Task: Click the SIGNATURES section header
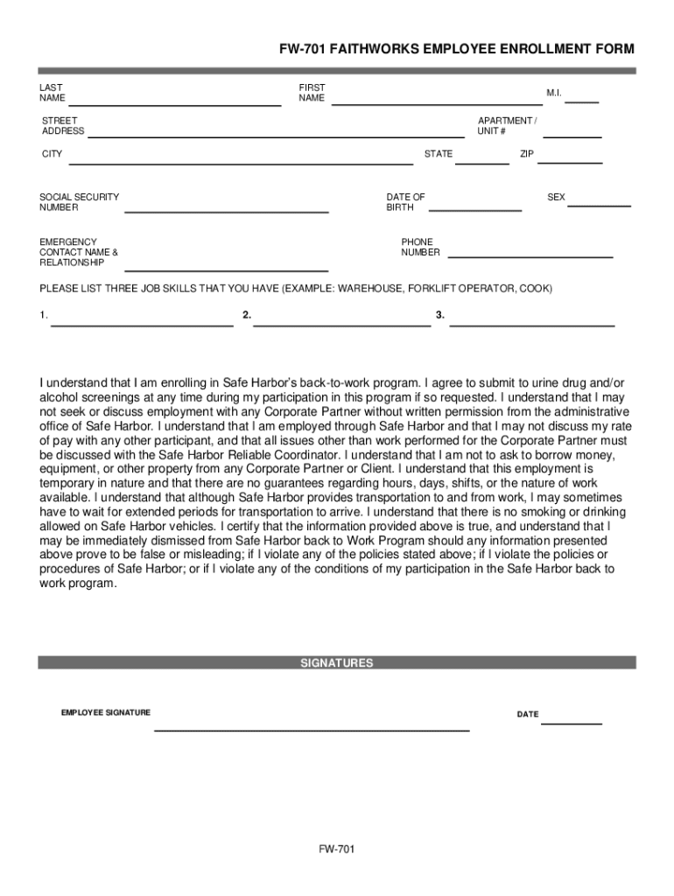point(337,663)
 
